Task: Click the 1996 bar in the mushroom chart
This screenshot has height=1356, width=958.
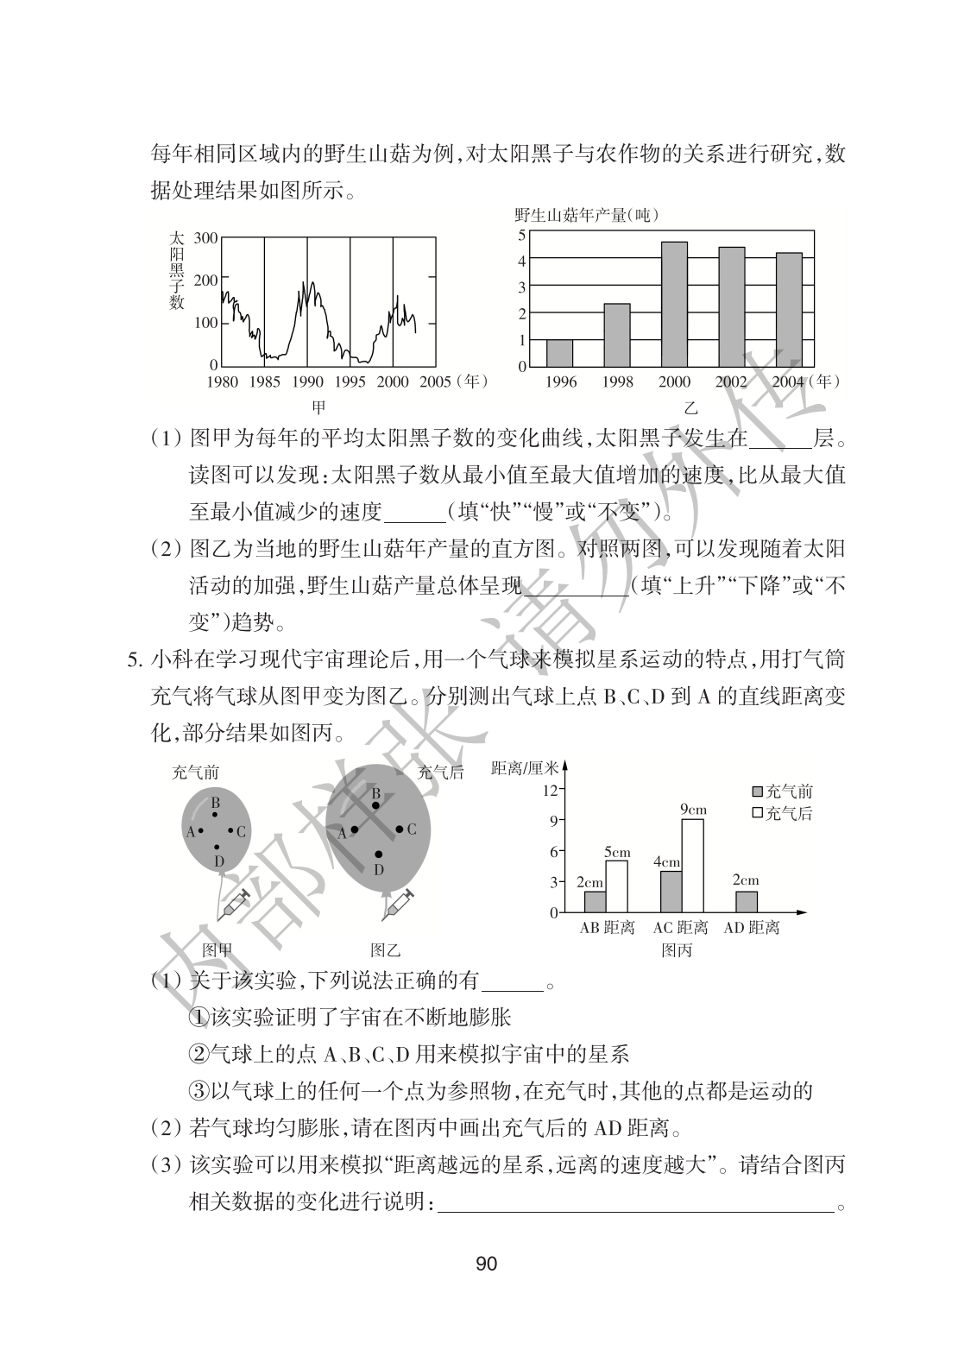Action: (x=560, y=352)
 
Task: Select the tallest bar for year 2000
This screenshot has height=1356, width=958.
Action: (x=674, y=304)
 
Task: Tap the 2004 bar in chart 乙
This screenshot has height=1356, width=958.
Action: (x=789, y=309)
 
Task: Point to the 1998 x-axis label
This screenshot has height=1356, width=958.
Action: (x=617, y=382)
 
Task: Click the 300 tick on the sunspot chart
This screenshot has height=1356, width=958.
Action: (x=205, y=237)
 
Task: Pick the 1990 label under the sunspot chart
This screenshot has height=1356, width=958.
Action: (x=307, y=382)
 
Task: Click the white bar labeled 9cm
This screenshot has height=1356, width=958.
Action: (x=693, y=865)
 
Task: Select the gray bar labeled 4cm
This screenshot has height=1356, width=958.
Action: (x=671, y=891)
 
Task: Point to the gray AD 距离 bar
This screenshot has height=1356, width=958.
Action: (x=747, y=901)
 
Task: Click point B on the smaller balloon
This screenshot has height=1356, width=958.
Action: (x=215, y=814)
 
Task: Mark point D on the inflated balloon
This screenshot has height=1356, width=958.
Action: (x=378, y=855)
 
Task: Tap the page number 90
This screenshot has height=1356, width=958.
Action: (x=486, y=1265)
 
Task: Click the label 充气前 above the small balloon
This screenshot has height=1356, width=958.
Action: (x=195, y=773)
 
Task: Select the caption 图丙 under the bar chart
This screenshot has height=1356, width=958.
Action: (x=676, y=950)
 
